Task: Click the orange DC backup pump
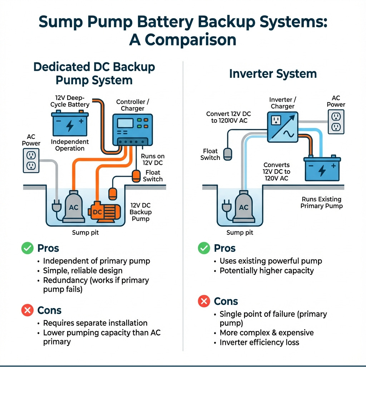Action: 102,211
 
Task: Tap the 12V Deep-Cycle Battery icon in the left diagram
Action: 70,124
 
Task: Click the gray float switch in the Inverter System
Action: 228,154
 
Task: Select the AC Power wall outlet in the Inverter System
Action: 336,121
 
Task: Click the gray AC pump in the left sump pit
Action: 74,207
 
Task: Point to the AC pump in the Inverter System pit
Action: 243,207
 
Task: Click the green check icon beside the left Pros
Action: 27,248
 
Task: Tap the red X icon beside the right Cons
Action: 204,302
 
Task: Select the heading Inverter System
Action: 273,74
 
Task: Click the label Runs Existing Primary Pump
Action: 321,202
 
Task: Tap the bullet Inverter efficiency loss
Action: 259,342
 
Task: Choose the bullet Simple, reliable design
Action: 83,271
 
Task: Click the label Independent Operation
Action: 70,145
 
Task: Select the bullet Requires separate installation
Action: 95,323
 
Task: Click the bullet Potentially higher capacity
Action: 266,271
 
